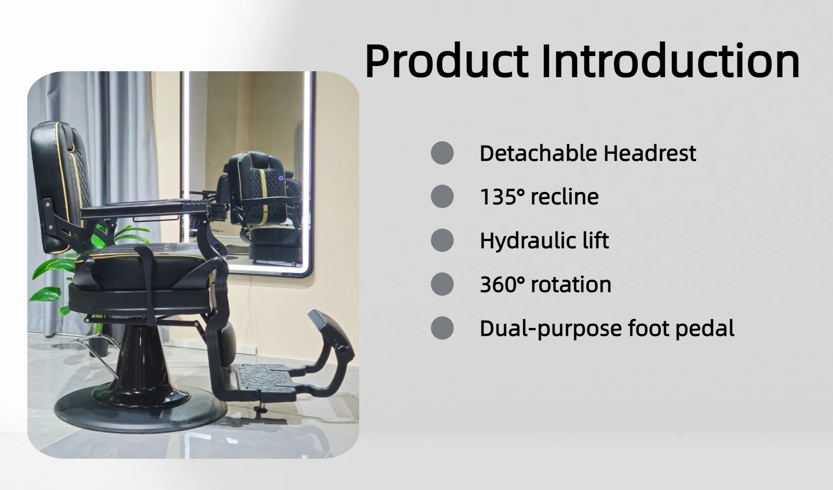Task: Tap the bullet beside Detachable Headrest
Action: pyautogui.click(x=442, y=153)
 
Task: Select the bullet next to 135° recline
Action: pyautogui.click(x=442, y=196)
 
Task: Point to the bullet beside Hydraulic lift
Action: pyautogui.click(x=442, y=240)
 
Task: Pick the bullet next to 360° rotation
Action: pyautogui.click(x=442, y=284)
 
